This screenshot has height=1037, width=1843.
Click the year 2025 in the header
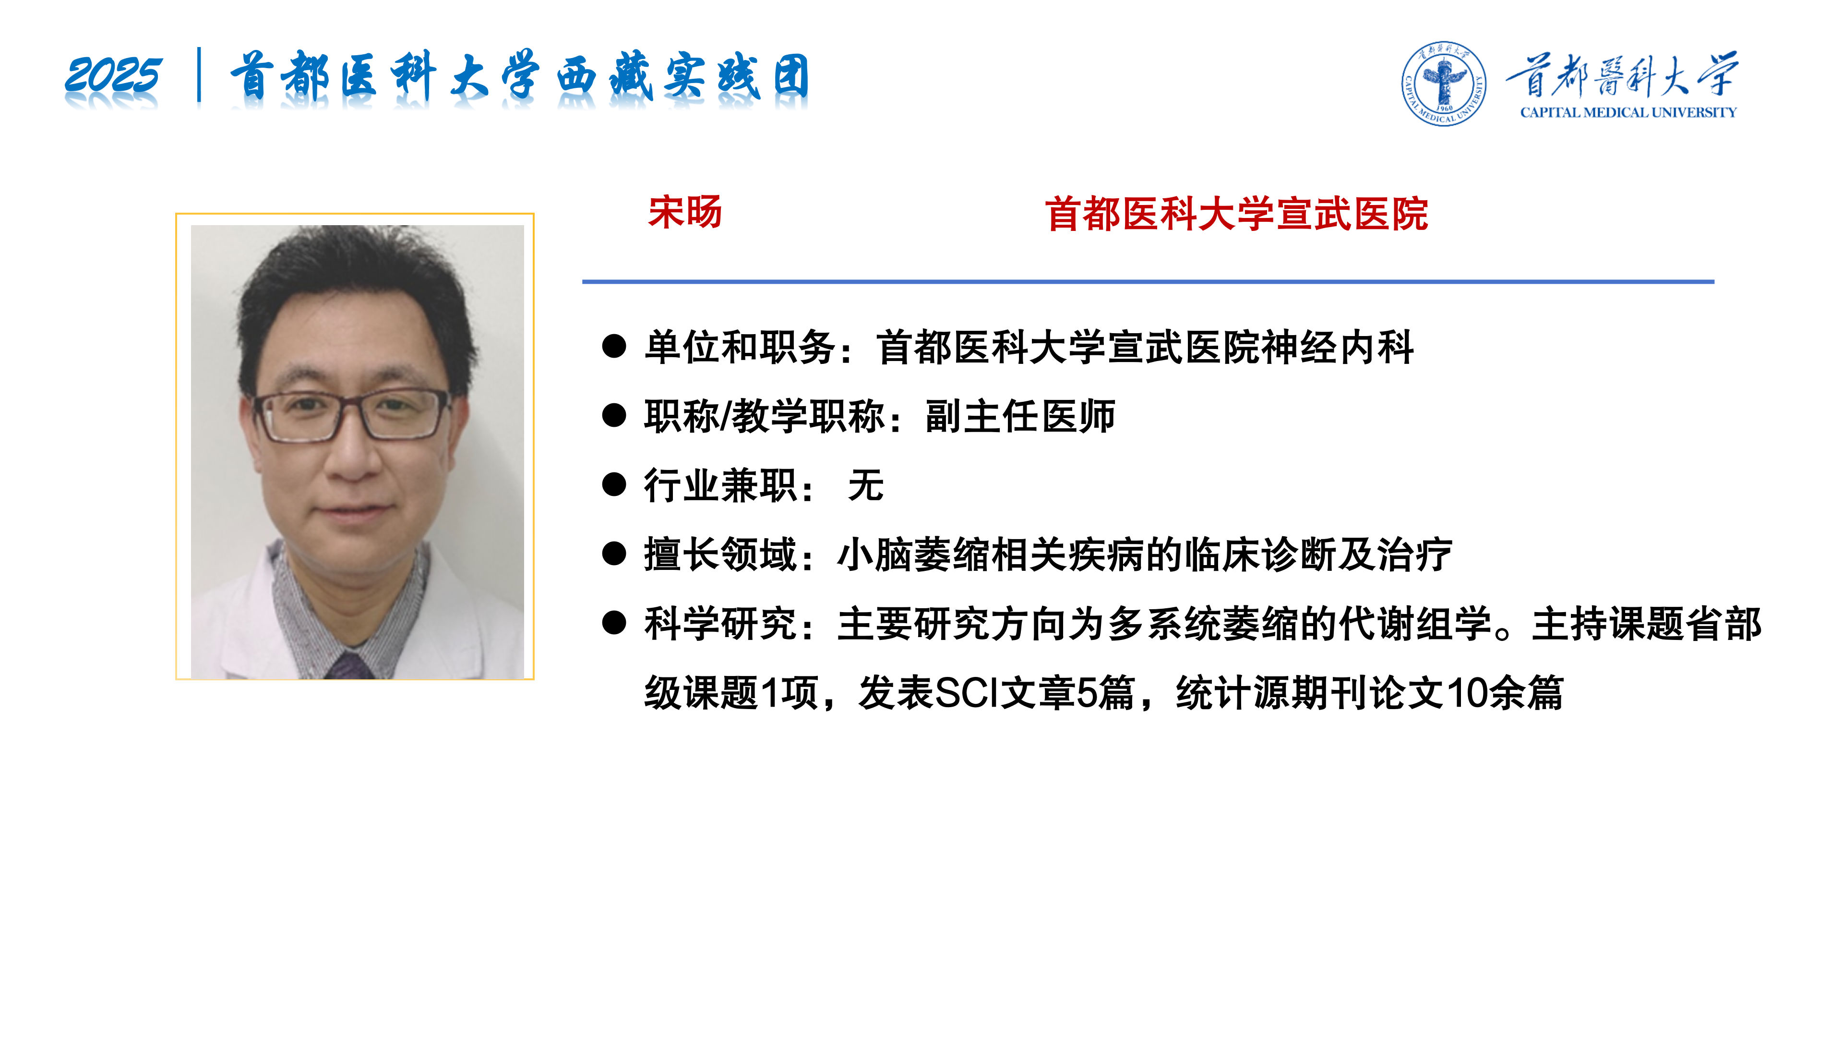tap(113, 75)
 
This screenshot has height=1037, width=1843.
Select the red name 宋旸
tap(685, 213)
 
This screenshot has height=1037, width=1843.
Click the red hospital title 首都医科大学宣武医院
tap(1236, 214)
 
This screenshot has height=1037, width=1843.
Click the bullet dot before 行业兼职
tap(614, 484)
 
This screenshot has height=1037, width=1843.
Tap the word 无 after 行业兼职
tap(866, 485)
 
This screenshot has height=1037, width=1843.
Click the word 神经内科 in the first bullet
tap(1337, 348)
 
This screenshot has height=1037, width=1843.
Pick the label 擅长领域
tap(720, 555)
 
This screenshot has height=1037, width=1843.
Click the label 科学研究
tap(720, 623)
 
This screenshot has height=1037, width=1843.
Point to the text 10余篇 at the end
tap(1505, 693)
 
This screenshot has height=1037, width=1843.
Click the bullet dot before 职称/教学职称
tap(614, 415)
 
